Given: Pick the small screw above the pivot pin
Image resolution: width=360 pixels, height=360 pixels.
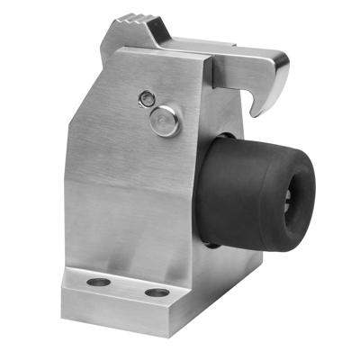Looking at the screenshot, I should tap(147, 96).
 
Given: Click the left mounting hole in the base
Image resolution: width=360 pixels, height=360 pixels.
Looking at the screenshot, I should tap(100, 283).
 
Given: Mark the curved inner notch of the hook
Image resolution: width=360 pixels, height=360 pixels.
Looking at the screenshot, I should tap(262, 90).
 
